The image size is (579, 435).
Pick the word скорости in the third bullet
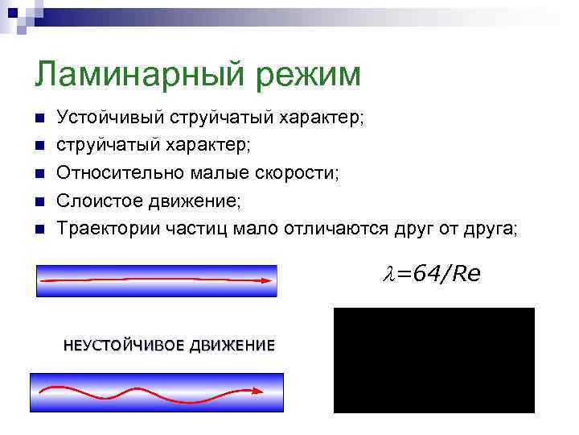(x=299, y=173)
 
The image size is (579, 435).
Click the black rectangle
(x=433, y=360)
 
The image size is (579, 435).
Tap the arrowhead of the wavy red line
(x=257, y=391)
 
